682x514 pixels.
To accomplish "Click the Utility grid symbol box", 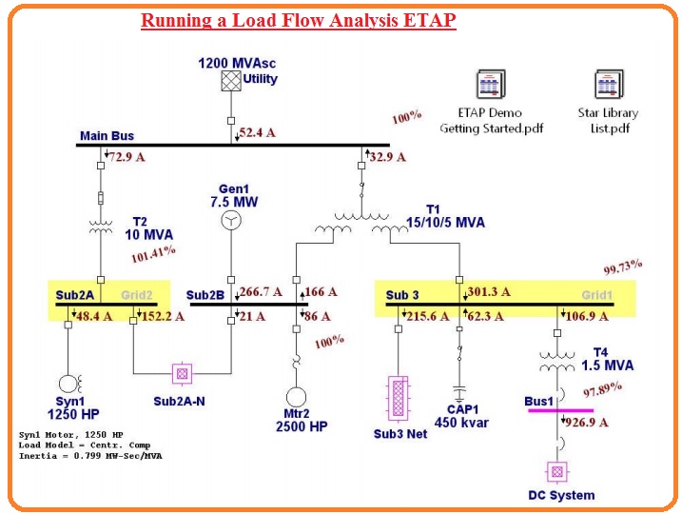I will coord(231,81).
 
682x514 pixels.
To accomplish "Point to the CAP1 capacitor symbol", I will coord(459,390).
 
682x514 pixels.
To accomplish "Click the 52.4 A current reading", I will coord(258,133).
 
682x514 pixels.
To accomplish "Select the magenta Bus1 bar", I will coord(569,409).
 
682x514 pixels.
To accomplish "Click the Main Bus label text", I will coord(107,136).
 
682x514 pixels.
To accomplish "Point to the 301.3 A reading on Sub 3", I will coord(489,291).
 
